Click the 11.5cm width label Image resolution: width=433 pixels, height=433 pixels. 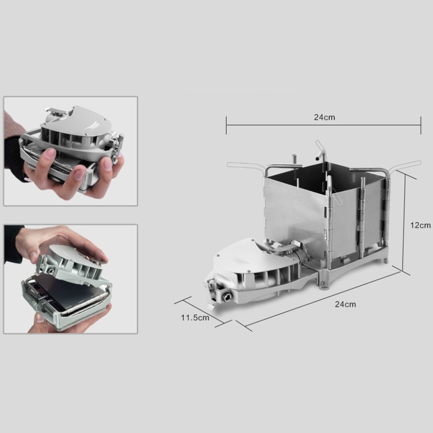[x=195, y=317]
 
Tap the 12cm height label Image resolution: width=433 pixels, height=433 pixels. [x=420, y=226]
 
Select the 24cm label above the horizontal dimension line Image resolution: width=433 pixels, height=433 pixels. [x=324, y=117]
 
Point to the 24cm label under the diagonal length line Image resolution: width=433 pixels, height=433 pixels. [x=345, y=304]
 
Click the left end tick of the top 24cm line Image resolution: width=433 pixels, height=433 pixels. [x=226, y=126]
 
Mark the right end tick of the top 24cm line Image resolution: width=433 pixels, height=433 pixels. [x=421, y=126]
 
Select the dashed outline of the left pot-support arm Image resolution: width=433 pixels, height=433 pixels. [x=244, y=165]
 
